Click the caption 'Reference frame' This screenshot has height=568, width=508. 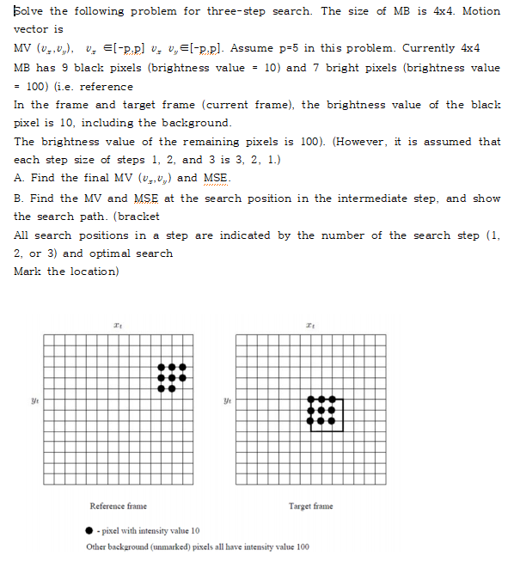pyautogui.click(x=119, y=506)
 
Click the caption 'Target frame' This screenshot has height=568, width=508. pyautogui.click(x=310, y=506)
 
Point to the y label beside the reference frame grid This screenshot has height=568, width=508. pyautogui.click(x=34, y=400)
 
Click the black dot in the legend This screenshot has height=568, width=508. pyautogui.click(x=90, y=531)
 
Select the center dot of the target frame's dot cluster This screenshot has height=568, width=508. pyautogui.click(x=321, y=410)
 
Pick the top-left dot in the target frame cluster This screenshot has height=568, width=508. pyautogui.click(x=311, y=400)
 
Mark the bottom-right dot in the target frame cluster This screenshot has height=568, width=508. pyautogui.click(x=331, y=420)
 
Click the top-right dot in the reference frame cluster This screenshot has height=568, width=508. pyautogui.click(x=182, y=368)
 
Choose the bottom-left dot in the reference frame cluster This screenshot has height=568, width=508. pyautogui.click(x=162, y=388)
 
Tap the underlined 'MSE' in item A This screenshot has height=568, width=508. pyautogui.click(x=217, y=179)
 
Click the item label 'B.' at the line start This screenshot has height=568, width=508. pyautogui.click(x=20, y=198)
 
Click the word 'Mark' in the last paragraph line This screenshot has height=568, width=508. pyautogui.click(x=28, y=272)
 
